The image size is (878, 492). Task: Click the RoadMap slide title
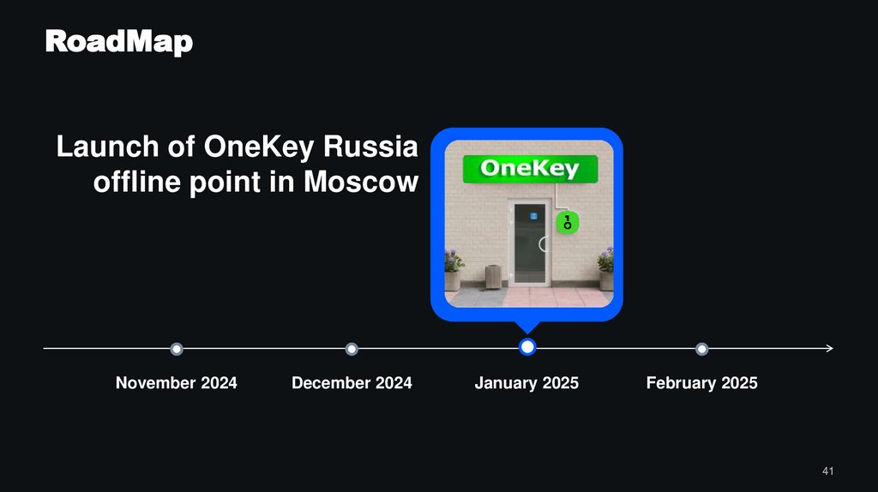coord(118,40)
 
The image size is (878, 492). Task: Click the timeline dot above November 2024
coord(177,349)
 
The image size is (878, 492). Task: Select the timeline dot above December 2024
coord(352,349)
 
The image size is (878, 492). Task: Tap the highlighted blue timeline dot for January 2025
coord(527,347)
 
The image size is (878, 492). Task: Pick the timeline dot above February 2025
coord(702,349)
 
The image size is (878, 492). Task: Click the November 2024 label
coord(177,383)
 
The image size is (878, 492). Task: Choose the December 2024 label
coord(352,383)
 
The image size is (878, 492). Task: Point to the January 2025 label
coord(526,383)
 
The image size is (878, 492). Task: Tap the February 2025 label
coord(701,383)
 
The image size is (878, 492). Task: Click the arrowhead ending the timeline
coord(829,348)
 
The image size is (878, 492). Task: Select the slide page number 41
coord(827,471)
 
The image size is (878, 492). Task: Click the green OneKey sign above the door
coord(529,169)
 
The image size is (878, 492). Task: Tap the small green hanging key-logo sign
coord(567,224)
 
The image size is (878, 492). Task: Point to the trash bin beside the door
coord(493,276)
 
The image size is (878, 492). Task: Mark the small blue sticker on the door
coord(532,215)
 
